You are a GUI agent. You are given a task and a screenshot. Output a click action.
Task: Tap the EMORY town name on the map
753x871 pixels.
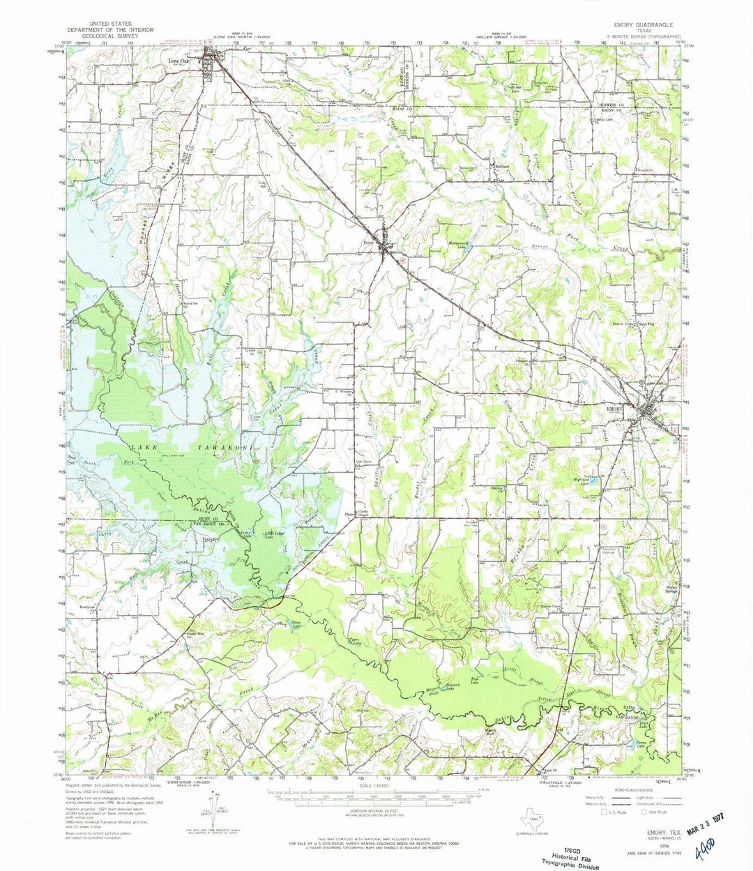click(x=615, y=408)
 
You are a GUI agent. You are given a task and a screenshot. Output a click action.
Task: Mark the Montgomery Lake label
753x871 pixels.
click(x=457, y=245)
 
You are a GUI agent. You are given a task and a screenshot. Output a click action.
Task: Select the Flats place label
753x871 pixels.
click(x=349, y=515)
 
